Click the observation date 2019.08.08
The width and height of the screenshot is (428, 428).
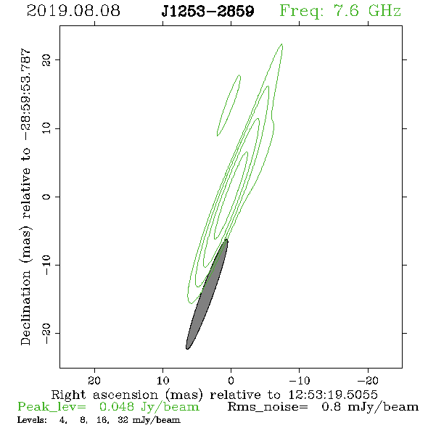pyautogui.click(x=73, y=11)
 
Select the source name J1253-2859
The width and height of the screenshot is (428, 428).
pyautogui.click(x=207, y=12)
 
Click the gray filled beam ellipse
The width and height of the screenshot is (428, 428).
pyautogui.click(x=207, y=295)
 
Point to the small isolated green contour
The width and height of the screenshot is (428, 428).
pyautogui.click(x=229, y=105)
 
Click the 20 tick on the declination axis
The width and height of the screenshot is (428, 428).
pyautogui.click(x=46, y=59)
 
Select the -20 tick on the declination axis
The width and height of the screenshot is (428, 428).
pyautogui.click(x=46, y=334)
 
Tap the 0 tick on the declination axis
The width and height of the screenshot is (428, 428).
pyautogui.click(x=46, y=197)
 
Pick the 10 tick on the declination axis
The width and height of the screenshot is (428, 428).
pyautogui.click(x=46, y=128)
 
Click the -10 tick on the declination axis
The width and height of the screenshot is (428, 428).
pyautogui.click(x=46, y=265)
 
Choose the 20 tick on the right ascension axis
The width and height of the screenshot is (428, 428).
pyautogui.click(x=94, y=380)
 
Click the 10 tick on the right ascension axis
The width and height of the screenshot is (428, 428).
pyautogui.click(x=163, y=380)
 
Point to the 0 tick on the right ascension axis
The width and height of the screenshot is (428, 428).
pyautogui.click(x=231, y=380)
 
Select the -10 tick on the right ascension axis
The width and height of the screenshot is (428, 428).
pyautogui.click(x=300, y=380)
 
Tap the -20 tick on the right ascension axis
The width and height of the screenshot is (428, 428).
pyautogui.click(x=368, y=380)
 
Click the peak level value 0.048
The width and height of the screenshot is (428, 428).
pyautogui.click(x=117, y=407)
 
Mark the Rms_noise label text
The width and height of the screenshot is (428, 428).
pyautogui.click(x=268, y=407)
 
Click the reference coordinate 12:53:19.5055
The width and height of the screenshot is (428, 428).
pyautogui.click(x=333, y=395)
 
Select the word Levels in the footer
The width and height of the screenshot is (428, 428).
pyautogui.click(x=32, y=419)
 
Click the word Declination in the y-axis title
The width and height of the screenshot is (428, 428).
pyautogui.click(x=25, y=308)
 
